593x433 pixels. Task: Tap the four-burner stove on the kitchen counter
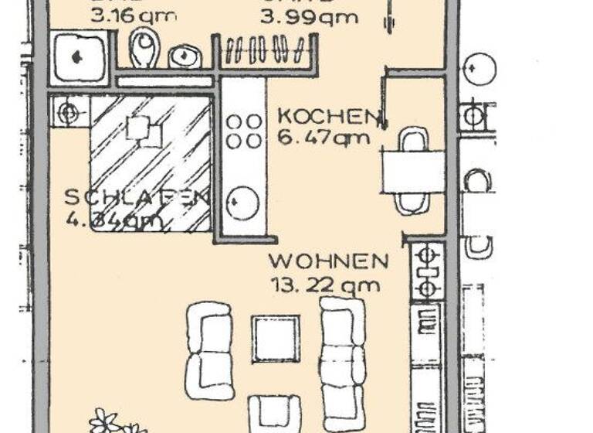click(244, 131)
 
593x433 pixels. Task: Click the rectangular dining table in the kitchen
click(412, 171)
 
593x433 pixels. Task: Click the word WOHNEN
click(328, 261)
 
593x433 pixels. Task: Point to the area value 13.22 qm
click(325, 285)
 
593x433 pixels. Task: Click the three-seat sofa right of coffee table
click(342, 363)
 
